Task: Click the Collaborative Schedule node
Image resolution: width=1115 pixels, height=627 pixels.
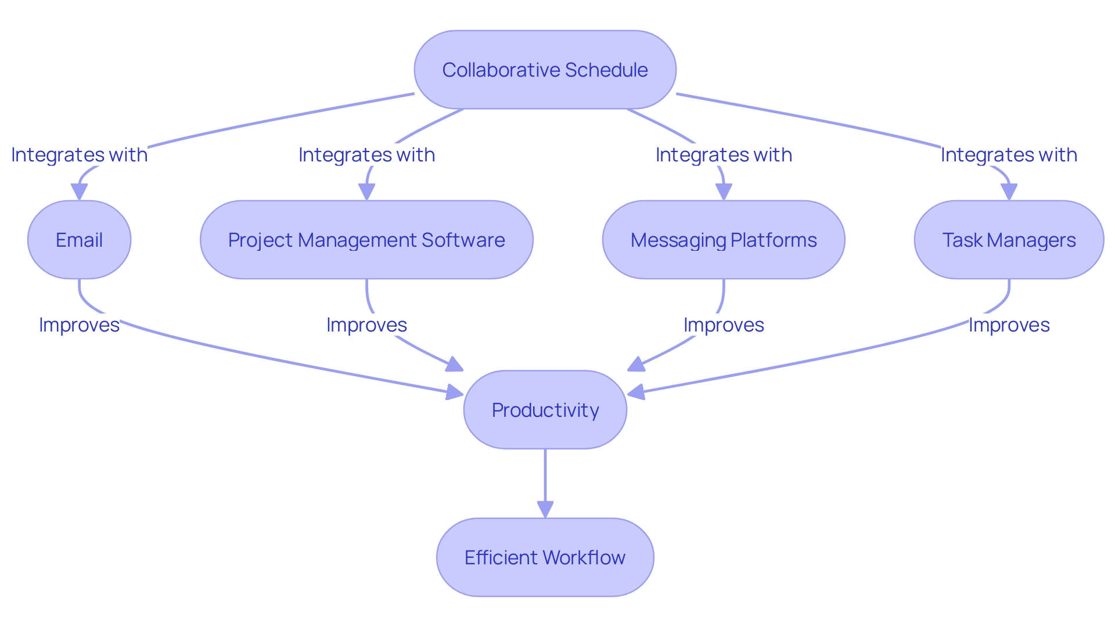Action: point(545,70)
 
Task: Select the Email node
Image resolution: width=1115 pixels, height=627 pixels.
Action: point(79,240)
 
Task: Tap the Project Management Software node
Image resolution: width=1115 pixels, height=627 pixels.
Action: point(366,240)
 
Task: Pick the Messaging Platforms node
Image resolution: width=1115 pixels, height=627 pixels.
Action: point(724,240)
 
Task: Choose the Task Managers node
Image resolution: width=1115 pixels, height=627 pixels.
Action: point(1009,240)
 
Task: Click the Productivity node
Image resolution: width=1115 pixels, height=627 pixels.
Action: point(545,410)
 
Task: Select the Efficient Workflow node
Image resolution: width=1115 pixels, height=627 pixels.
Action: point(545,557)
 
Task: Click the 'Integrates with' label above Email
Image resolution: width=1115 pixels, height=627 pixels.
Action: point(79,155)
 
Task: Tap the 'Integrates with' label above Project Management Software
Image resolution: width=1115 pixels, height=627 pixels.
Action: point(366,155)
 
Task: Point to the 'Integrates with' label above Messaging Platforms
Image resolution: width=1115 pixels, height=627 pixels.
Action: point(724,155)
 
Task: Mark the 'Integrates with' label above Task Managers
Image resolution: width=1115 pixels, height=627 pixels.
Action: point(1009,155)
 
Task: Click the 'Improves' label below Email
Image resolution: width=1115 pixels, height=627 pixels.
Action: point(79,325)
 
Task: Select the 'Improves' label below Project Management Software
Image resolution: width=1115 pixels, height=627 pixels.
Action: point(366,325)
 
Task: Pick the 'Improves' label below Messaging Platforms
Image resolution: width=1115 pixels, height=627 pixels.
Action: point(724,325)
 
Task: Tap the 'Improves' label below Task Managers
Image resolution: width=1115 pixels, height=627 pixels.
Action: point(1009,325)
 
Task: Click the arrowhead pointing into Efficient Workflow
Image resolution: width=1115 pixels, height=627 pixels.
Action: point(545,510)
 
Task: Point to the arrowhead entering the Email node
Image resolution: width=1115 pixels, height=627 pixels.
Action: point(79,192)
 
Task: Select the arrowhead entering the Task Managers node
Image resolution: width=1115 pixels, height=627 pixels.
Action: point(1009,192)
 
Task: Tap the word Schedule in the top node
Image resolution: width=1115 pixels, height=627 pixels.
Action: point(606,70)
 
